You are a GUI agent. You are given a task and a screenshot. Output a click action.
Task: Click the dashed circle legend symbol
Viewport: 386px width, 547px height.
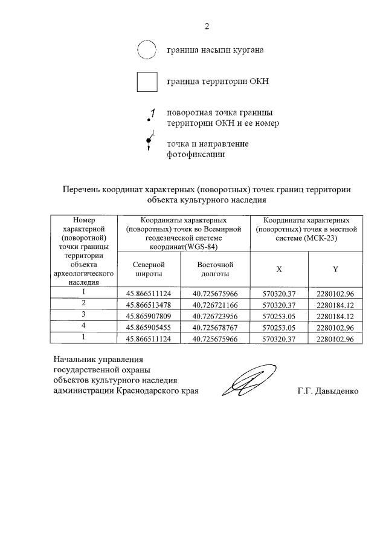click(147, 50)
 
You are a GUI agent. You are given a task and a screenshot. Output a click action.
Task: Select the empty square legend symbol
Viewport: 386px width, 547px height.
click(147, 82)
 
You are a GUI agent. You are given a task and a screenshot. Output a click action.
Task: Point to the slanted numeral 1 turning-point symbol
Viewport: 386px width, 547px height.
click(152, 114)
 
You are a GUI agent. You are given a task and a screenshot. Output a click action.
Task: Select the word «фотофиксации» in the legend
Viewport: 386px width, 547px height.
click(196, 155)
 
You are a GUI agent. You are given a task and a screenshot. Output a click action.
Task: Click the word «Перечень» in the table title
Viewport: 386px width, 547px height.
click(82, 189)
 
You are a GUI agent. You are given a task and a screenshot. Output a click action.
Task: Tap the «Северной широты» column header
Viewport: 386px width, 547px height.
click(149, 269)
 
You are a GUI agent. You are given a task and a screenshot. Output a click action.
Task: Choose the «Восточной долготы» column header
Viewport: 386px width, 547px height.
click(215, 269)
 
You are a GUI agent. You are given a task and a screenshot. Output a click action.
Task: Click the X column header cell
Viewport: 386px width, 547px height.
click(278, 269)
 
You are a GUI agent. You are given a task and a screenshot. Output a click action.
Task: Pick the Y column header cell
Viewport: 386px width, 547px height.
click(335, 269)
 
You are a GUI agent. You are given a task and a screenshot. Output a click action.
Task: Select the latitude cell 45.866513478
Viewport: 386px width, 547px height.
click(149, 303)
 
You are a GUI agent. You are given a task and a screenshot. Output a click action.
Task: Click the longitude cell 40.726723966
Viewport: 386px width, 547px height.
click(215, 315)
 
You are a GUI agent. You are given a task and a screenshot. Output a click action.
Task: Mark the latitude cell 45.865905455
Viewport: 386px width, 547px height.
click(149, 326)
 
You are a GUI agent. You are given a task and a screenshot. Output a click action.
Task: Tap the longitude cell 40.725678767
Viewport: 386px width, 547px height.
click(215, 326)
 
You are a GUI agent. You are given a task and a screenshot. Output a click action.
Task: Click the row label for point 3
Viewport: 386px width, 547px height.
click(84, 315)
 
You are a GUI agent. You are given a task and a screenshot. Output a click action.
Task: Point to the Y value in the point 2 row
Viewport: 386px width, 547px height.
click(335, 303)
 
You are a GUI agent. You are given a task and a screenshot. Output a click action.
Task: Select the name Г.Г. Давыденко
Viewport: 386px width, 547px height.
click(327, 391)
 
